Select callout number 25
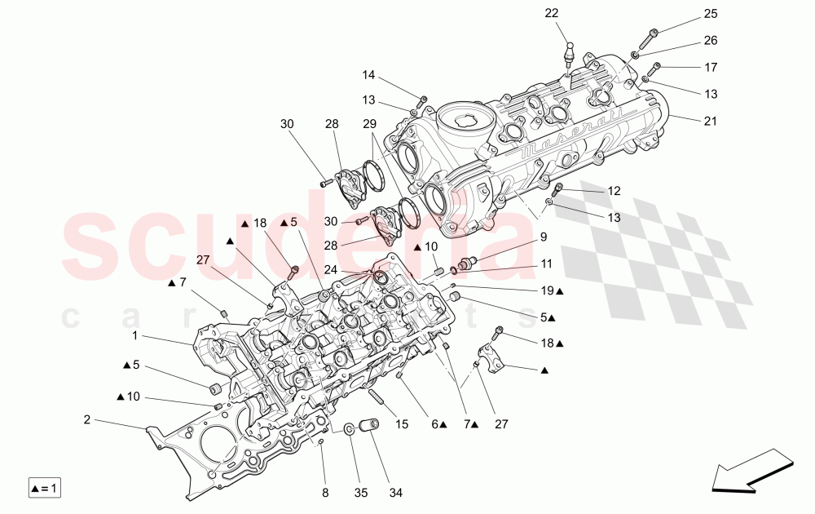click(x=711, y=14)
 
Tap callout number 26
click(x=711, y=40)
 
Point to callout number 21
click(x=711, y=122)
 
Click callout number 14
click(x=368, y=75)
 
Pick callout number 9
click(x=543, y=237)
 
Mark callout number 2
click(x=86, y=420)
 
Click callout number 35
click(x=360, y=493)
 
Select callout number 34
click(x=395, y=493)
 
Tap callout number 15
click(x=402, y=424)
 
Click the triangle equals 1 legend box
click(x=45, y=489)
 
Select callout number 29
click(x=369, y=123)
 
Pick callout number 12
click(x=614, y=191)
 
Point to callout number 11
click(x=545, y=264)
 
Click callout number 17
click(x=711, y=67)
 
